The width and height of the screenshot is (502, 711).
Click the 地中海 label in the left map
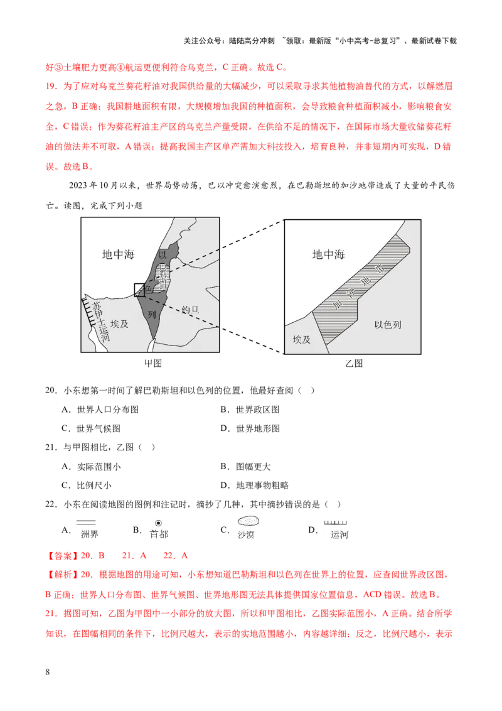pyautogui.click(x=118, y=254)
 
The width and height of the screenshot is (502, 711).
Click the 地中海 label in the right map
pyautogui.click(x=328, y=254)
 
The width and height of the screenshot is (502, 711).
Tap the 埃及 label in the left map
pyautogui.click(x=119, y=324)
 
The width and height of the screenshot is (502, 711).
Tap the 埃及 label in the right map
pyautogui.click(x=301, y=339)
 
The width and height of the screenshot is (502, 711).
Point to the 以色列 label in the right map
pyautogui.click(x=388, y=325)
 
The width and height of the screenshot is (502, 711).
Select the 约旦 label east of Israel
pyautogui.click(x=190, y=310)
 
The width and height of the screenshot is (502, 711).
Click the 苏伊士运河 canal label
pyautogui.click(x=100, y=320)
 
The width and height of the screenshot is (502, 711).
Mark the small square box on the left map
pyautogui.click(x=140, y=290)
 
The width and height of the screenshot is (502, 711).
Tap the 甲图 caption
pyautogui.click(x=154, y=363)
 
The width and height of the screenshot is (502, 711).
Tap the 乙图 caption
pyautogui.click(x=354, y=363)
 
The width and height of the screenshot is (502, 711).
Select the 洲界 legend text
pyautogui.click(x=90, y=535)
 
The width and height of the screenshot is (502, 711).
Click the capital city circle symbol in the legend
pyautogui.click(x=158, y=523)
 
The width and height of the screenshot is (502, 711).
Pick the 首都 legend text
pyautogui.click(x=159, y=535)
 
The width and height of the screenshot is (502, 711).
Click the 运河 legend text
pyautogui.click(x=339, y=535)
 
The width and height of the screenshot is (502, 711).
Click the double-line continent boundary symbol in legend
pyautogui.click(x=85, y=522)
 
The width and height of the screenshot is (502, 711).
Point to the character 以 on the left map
pyautogui.click(x=163, y=254)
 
